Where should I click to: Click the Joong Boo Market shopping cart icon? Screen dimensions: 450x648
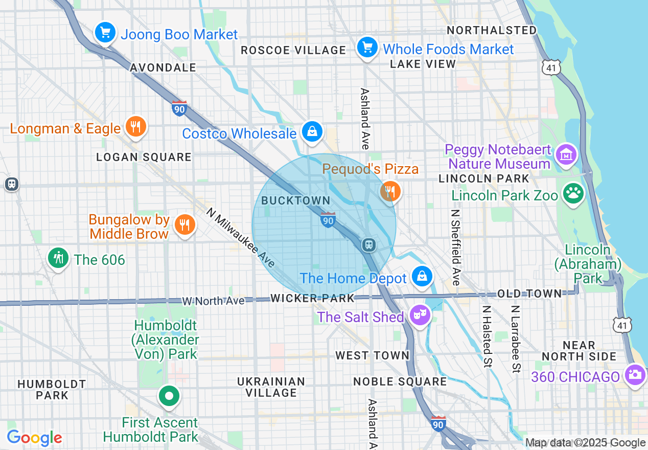pos(105,33)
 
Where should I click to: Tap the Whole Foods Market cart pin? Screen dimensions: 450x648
pos(367,48)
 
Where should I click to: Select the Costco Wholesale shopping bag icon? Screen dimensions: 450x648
pos(311,131)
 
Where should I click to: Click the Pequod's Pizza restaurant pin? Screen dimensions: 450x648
pos(390,192)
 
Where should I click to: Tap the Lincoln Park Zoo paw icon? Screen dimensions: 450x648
pos(573,194)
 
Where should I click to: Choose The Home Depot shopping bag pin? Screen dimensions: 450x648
pos(423,277)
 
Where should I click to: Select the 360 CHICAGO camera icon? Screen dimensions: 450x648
pos(635,374)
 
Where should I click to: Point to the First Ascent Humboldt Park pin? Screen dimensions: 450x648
pos(169,396)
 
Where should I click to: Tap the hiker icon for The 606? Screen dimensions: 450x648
pos(59,258)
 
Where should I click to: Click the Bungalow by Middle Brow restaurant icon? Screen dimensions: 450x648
pos(184,224)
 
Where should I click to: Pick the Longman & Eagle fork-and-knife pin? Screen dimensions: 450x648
pos(135,126)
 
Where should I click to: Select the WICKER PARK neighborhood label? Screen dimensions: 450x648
pos(312,298)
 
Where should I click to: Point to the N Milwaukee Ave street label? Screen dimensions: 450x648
pos(241,237)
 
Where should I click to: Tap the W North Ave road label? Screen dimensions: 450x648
pos(213,301)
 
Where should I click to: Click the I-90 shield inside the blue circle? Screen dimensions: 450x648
pos(328,219)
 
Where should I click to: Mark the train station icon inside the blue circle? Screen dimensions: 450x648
pos(368,245)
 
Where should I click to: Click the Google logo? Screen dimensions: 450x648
pos(34,438)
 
